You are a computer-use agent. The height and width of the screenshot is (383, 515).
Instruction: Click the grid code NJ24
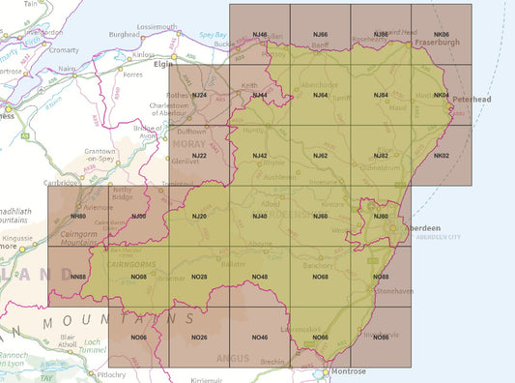coord(199,95)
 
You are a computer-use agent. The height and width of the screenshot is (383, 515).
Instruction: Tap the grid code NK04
coord(442,95)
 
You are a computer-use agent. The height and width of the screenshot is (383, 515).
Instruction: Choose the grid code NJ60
coord(320,216)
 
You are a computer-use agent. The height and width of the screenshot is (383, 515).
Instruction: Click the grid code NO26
coord(199,337)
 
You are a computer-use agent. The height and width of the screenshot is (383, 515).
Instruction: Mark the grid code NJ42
coord(259,156)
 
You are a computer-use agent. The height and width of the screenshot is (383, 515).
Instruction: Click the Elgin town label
coord(161,64)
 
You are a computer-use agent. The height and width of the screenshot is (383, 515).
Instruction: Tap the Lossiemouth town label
coord(157,26)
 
